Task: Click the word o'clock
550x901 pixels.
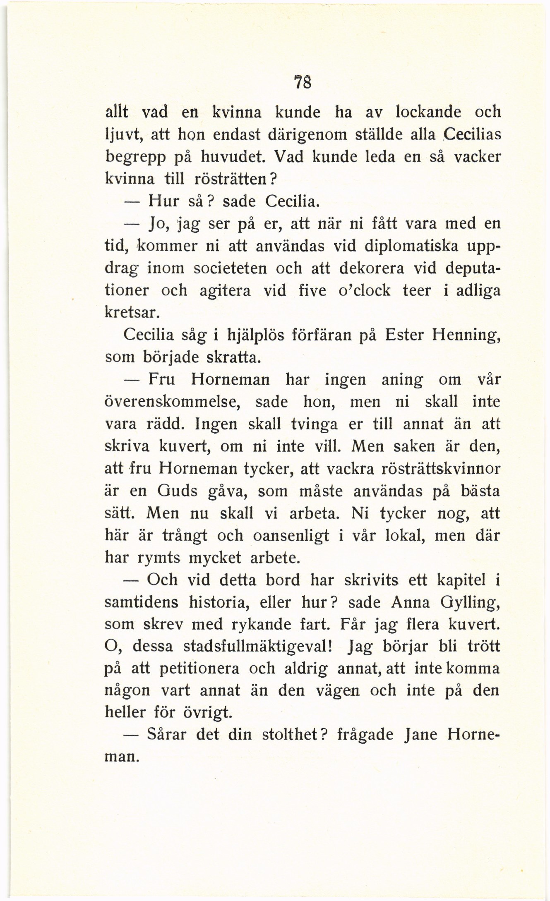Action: (364, 290)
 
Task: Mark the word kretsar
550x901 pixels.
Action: (132, 313)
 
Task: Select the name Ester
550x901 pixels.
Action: (403, 335)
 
